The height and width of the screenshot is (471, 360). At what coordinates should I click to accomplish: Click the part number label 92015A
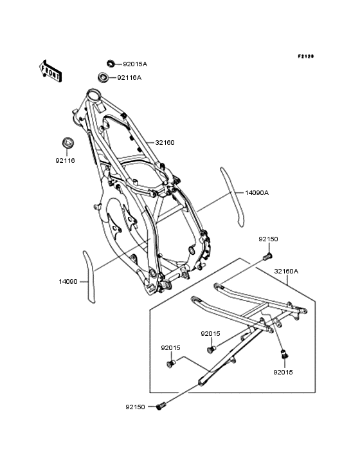(x=135, y=64)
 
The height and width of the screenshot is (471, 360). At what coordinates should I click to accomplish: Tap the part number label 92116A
(x=129, y=77)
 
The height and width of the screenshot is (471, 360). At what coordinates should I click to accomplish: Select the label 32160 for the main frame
(x=165, y=142)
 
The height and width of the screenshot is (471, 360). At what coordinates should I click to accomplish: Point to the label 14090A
(x=256, y=193)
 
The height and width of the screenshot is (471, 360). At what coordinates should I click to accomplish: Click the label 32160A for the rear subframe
(x=286, y=272)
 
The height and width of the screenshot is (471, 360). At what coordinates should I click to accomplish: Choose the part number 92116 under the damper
(x=65, y=161)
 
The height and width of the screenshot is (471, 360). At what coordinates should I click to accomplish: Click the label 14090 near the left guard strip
(x=68, y=281)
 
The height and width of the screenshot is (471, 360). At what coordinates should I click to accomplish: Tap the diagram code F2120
(x=306, y=56)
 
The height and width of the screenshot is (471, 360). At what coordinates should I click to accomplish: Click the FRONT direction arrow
(x=50, y=71)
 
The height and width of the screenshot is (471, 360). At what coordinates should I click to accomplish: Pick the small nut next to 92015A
(x=111, y=64)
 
